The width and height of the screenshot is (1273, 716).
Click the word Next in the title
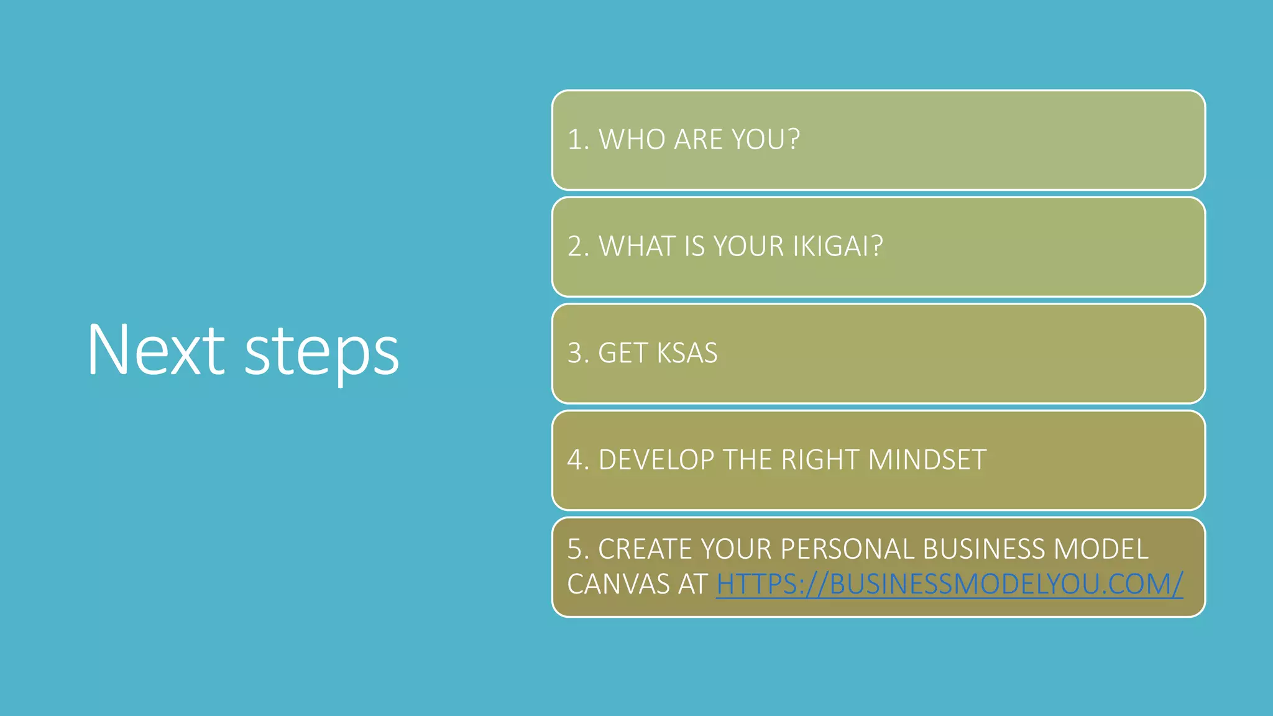click(x=155, y=350)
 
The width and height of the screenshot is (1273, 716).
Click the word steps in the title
click(x=321, y=353)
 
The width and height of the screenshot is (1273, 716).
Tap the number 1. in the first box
click(x=577, y=140)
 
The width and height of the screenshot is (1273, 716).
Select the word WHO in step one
click(x=632, y=140)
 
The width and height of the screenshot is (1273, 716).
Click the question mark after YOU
click(x=794, y=139)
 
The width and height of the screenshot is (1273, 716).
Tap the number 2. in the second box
click(x=578, y=247)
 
